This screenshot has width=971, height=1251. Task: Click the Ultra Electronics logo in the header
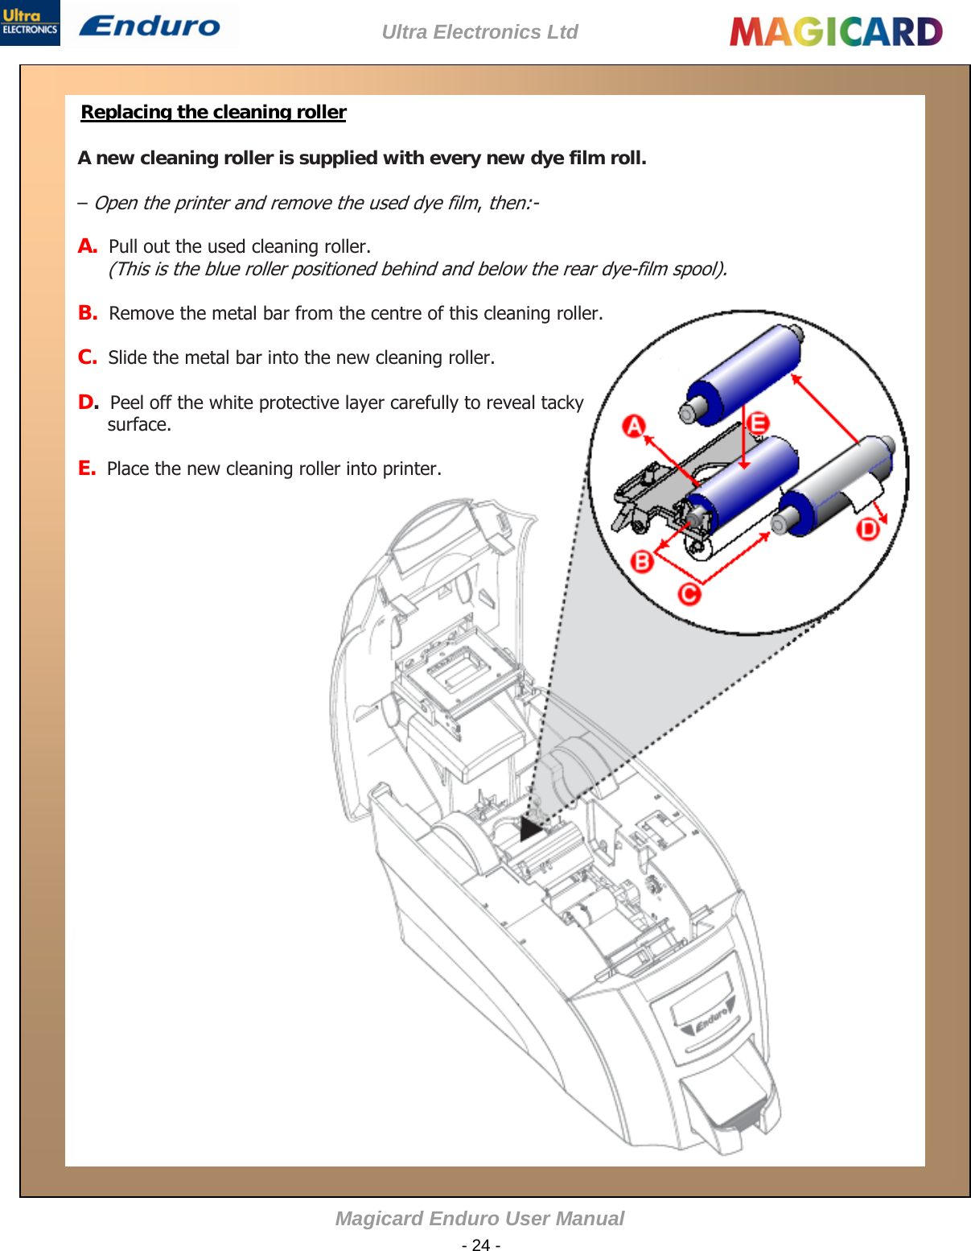pyautogui.click(x=30, y=23)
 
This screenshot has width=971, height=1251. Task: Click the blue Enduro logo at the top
pyautogui.click(x=150, y=26)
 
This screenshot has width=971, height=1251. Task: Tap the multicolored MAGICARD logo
pyautogui.click(x=836, y=32)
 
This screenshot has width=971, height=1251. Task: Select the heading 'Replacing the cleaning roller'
pyautogui.click(x=213, y=112)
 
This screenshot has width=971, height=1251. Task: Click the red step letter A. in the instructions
pyautogui.click(x=87, y=246)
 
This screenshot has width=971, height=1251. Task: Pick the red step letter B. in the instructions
pyautogui.click(x=87, y=313)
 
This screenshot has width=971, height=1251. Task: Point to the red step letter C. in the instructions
pyautogui.click(x=87, y=357)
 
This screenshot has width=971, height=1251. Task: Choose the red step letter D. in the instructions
pyautogui.click(x=88, y=403)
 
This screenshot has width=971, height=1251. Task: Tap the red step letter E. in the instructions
pyautogui.click(x=86, y=469)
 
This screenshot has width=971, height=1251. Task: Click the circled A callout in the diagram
pyautogui.click(x=635, y=425)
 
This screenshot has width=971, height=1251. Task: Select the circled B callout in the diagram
pyautogui.click(x=642, y=560)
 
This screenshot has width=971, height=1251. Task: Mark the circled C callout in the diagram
pyautogui.click(x=689, y=594)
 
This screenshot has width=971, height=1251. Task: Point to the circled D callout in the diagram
pyautogui.click(x=868, y=529)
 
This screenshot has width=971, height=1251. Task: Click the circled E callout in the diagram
pyautogui.click(x=757, y=423)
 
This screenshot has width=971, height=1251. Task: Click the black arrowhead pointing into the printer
pyautogui.click(x=532, y=828)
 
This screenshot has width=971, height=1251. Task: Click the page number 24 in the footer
pyautogui.click(x=481, y=1245)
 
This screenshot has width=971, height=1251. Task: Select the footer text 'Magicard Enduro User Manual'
pyautogui.click(x=479, y=1218)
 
